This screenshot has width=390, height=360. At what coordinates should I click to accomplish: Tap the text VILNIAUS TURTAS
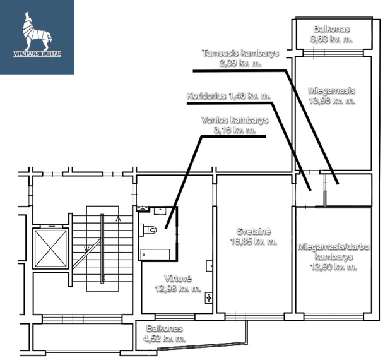point(37,54)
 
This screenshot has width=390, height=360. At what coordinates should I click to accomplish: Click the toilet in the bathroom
point(150,229)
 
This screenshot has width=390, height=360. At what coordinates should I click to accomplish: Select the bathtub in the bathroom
point(155,254)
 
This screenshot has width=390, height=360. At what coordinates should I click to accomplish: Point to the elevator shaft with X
point(50,248)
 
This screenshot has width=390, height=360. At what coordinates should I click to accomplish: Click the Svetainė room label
point(254,231)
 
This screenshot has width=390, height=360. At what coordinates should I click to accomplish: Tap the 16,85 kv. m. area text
point(254,241)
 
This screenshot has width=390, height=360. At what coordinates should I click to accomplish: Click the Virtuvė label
point(178,279)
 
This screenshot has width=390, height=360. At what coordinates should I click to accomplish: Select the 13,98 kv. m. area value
point(332,101)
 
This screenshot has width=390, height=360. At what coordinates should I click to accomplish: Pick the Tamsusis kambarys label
point(240,53)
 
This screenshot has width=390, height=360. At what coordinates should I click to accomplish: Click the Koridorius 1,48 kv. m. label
point(228,96)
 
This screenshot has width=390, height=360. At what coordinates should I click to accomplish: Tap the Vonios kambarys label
point(235,120)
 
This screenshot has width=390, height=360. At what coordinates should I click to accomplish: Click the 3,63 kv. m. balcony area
point(331,39)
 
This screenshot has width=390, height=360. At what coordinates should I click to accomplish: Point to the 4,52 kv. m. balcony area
point(164,339)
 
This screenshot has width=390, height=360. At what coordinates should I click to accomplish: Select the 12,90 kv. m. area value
point(334,267)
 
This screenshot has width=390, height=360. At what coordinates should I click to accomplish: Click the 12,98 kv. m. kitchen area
point(178,289)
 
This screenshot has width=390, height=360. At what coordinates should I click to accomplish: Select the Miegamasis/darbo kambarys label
point(334,251)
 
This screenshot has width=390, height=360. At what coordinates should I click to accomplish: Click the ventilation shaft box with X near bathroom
point(143,208)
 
